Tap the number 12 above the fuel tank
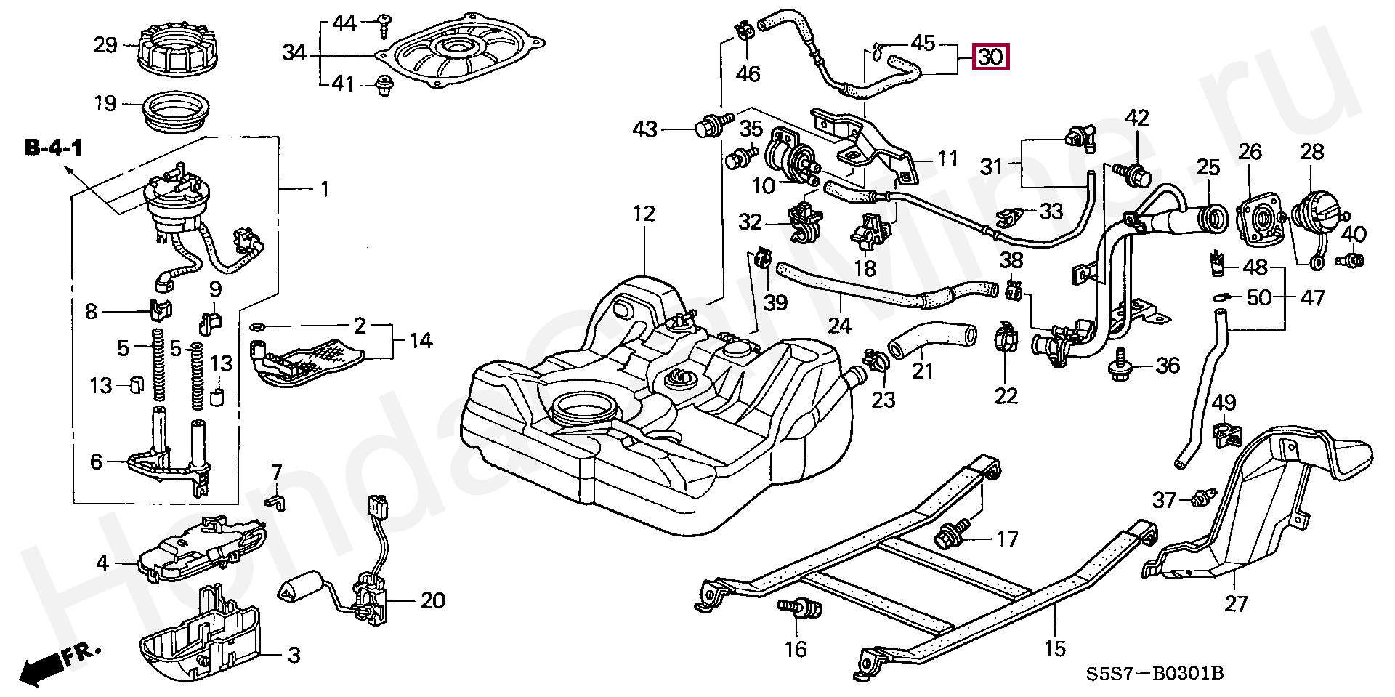tap(644, 214)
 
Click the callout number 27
tap(1235, 604)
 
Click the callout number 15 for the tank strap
tap(1054, 648)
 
